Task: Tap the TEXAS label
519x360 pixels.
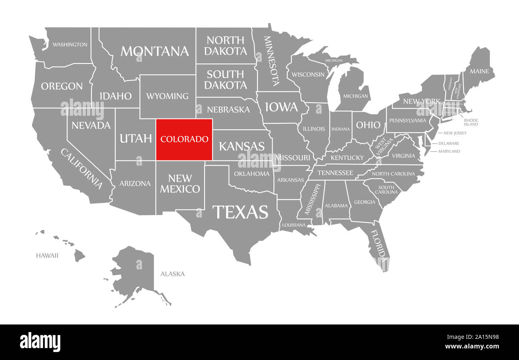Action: [x=240, y=212]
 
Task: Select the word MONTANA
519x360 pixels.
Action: [x=155, y=51]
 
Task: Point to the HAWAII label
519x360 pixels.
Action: [x=47, y=255]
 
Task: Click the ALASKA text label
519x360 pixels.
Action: [x=172, y=274]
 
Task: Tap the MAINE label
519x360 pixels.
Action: [x=479, y=71]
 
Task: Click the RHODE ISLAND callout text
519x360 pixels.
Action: [x=471, y=122]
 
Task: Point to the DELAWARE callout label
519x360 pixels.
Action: [x=449, y=143]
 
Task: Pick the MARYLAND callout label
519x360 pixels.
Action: [x=449, y=151]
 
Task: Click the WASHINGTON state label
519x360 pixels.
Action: [x=70, y=44]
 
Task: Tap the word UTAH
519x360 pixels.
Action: [x=136, y=138]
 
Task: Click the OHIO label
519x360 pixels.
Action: [x=368, y=125]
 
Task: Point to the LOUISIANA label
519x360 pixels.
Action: [x=294, y=225]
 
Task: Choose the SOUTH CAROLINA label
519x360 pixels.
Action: [x=386, y=190]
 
